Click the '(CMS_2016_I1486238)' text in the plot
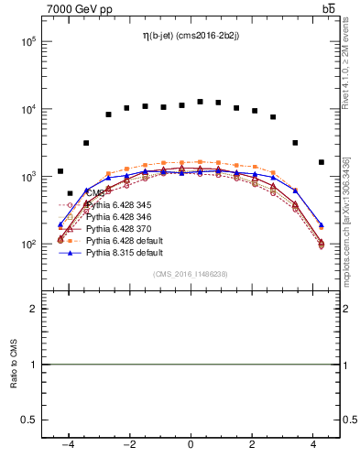click(x=190, y=274)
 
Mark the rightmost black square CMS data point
click(x=321, y=162)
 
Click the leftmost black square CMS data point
click(x=60, y=171)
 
